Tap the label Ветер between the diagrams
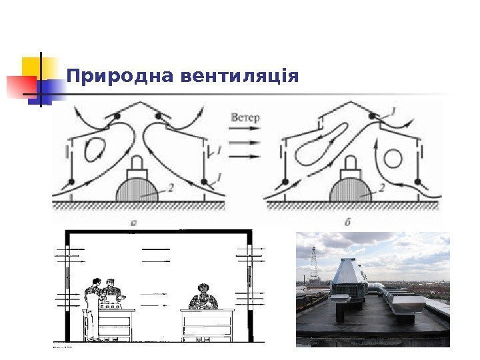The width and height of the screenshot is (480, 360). pos(245,118)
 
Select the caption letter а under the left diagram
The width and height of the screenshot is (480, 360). pos(134,223)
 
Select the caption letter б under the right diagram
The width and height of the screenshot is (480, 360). pos(347,223)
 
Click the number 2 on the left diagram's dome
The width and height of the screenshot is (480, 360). pos(171,189)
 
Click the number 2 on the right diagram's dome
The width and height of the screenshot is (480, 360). pos(382,189)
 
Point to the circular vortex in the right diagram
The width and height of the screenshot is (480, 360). pos(393,159)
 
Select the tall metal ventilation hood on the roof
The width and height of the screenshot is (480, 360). pos(348,277)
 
